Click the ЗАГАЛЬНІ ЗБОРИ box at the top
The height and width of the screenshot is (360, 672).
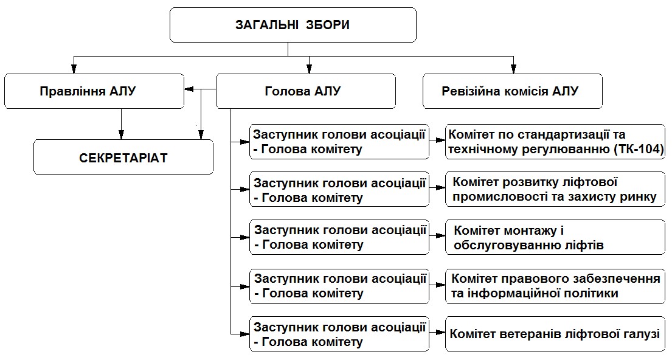pos(293,25)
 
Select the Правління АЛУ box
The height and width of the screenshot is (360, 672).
pos(94,91)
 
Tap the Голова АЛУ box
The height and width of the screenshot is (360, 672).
pos(305,91)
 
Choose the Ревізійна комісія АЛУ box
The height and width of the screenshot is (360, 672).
pos(512,91)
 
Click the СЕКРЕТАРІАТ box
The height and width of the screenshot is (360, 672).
pos(123,157)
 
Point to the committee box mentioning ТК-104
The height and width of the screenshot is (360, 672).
pos(555,142)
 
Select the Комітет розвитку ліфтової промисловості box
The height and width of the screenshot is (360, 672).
pos(555,190)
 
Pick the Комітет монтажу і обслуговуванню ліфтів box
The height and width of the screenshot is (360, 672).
pos(555,237)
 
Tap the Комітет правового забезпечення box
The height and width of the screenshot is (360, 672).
pos(555,286)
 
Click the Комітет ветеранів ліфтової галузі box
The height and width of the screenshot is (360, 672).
pos(555,334)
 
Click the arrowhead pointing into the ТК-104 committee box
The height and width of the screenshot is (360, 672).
pos(441,140)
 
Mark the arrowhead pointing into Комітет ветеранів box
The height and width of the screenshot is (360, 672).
pos(441,332)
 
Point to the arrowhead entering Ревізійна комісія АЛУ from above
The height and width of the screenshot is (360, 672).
pos(513,69)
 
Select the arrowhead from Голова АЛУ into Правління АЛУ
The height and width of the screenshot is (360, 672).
pos(189,89)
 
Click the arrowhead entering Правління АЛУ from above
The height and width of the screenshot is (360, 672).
pos(74,69)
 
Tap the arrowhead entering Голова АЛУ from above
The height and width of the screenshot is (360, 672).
pos(310,69)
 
